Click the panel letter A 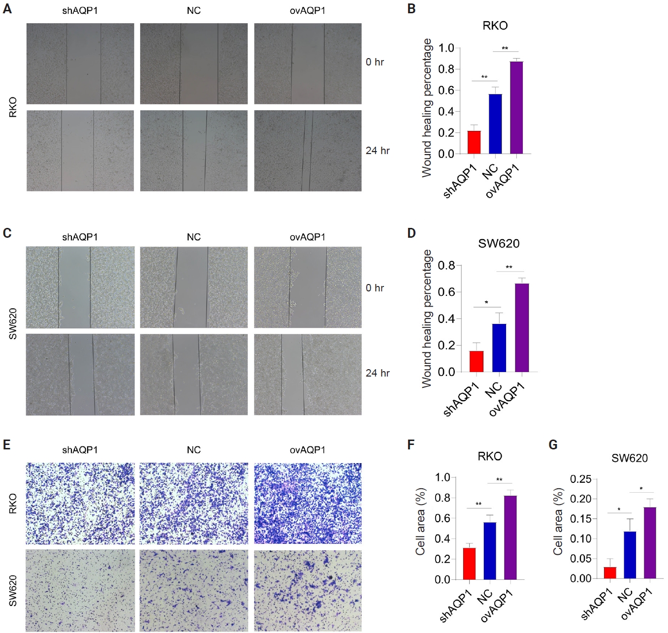pyautogui.click(x=7, y=9)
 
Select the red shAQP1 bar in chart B pyautogui.click(x=474, y=142)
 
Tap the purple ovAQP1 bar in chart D pyautogui.click(x=522, y=327)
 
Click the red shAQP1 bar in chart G pyautogui.click(x=610, y=573)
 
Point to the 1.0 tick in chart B pyautogui.click(x=446, y=48)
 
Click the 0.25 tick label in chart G pyautogui.click(x=580, y=479)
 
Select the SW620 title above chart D pyautogui.click(x=499, y=244)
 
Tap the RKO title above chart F pyautogui.click(x=489, y=456)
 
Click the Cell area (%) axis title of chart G pyautogui.click(x=558, y=522)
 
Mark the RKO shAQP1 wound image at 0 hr pyautogui.click(x=80, y=63)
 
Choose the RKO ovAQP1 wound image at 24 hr pyautogui.click(x=308, y=151)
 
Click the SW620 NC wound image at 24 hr pyautogui.click(x=194, y=375)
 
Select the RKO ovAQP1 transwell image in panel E pyautogui.click(x=308, y=503)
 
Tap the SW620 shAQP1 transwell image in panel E pyautogui.click(x=80, y=591)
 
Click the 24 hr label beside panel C pyautogui.click(x=378, y=373)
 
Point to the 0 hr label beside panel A pyautogui.click(x=375, y=62)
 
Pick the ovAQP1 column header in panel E pyautogui.click(x=308, y=450)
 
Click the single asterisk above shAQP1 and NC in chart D pyautogui.click(x=486, y=302)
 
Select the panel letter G pyautogui.click(x=553, y=445)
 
